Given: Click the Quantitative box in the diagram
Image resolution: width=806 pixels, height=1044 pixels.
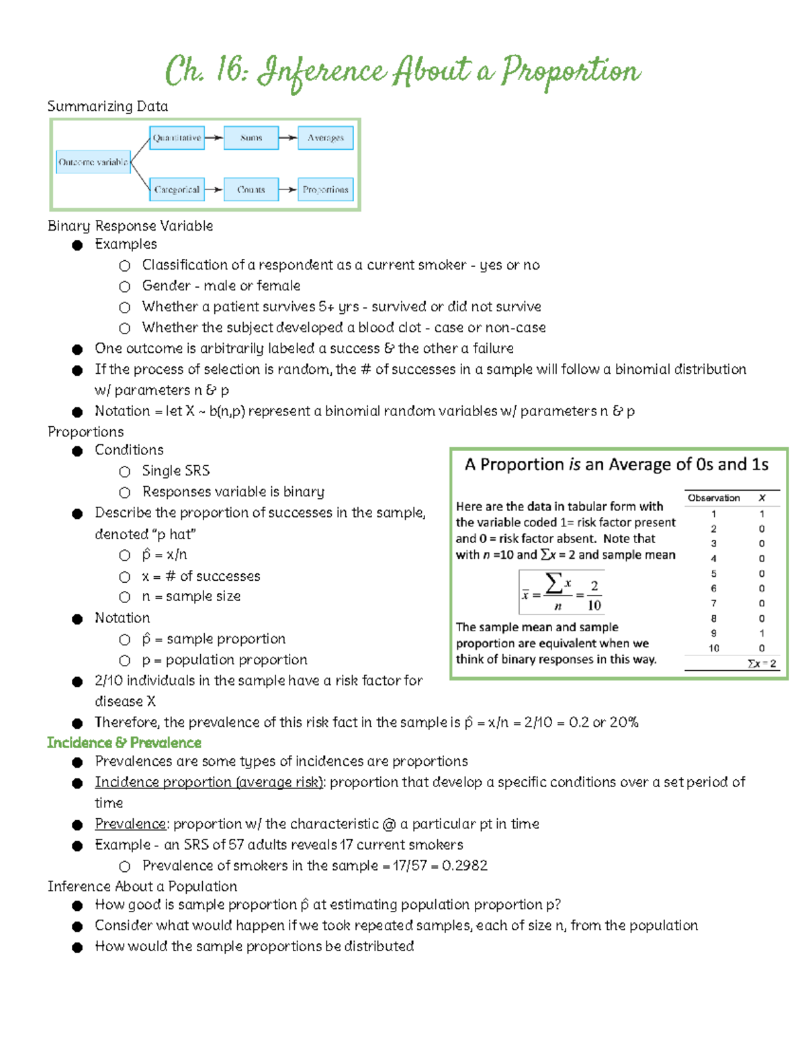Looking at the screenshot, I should click(177, 138).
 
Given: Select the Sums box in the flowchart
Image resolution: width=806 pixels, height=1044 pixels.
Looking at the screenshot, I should click(251, 138).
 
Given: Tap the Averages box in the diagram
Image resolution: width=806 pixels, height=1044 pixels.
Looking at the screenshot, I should click(326, 138).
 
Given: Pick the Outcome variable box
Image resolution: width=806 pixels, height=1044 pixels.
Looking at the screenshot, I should click(93, 162).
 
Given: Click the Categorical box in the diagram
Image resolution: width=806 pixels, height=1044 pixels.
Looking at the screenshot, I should click(177, 190).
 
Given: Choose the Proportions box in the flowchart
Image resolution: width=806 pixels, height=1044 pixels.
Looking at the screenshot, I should click(326, 190).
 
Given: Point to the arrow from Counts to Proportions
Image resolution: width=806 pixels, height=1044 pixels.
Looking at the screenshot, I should click(287, 190).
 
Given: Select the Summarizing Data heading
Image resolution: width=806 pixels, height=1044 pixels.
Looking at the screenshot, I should click(107, 106).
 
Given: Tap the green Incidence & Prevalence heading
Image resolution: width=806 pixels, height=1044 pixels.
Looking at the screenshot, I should click(124, 743).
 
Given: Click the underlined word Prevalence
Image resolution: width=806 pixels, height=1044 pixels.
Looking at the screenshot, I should click(130, 824).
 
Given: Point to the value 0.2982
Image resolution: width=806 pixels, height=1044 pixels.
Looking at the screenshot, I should click(465, 866).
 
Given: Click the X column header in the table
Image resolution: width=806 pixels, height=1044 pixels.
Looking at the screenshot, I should click(762, 498).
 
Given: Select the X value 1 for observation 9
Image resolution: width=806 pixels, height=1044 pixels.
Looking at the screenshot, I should click(762, 633).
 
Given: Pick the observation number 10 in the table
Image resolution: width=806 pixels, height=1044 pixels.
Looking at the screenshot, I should click(713, 649).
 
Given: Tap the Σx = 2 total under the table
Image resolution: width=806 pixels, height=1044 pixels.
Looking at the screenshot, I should click(762, 664).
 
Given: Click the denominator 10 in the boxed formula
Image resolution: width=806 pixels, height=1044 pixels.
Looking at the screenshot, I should click(594, 605).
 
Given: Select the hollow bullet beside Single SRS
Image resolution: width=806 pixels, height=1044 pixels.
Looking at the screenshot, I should click(124, 472).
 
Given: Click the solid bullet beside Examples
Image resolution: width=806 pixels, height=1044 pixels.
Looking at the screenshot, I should click(77, 245).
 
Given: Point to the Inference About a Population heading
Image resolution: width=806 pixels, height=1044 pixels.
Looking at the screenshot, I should click(142, 887).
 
